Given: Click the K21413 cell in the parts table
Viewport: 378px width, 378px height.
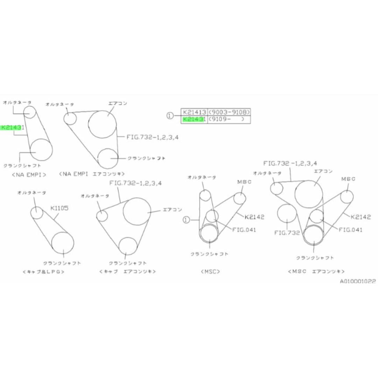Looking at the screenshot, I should (194, 112).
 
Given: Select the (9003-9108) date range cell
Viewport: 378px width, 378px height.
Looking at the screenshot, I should (229, 112).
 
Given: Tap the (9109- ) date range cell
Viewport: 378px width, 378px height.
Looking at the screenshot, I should (229, 119).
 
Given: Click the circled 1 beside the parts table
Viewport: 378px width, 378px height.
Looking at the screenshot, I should (170, 116).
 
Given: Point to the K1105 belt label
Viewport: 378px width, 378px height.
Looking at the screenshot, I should (59, 208).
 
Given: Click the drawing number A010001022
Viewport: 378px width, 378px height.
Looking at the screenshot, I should (357, 281).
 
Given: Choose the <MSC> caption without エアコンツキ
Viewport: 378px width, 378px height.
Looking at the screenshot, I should (210, 271).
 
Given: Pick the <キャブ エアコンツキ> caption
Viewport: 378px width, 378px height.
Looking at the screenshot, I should (127, 271).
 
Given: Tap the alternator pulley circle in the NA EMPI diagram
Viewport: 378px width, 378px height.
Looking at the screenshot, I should (30, 112).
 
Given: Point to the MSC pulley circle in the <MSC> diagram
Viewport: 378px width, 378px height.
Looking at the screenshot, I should (240, 198).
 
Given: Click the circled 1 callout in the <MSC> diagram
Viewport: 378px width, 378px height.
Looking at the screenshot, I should (186, 219).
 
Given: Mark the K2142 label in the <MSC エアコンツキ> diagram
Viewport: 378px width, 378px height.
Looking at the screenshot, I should (360, 217).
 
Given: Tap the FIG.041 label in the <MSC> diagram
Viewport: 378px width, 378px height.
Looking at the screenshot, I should (244, 230).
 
